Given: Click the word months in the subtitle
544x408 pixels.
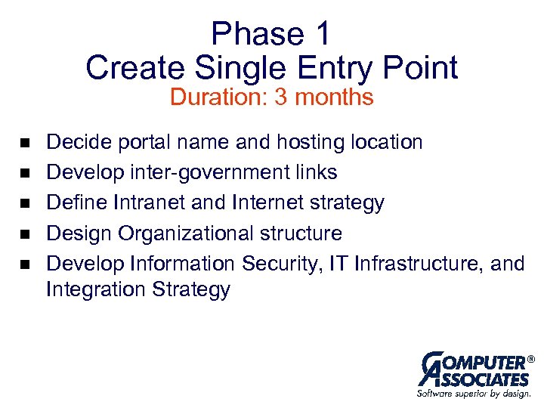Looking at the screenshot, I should point(335,97).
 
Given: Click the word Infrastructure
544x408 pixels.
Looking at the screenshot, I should point(419,263).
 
